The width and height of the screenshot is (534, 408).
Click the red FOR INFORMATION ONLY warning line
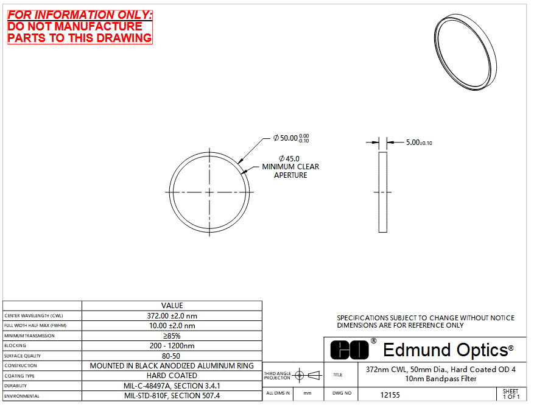[x=80, y=15]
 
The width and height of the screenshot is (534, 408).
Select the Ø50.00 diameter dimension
[x=291, y=138]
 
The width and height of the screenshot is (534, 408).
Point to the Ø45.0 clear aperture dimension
[x=289, y=159]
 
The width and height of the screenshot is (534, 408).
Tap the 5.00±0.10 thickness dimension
[x=419, y=142]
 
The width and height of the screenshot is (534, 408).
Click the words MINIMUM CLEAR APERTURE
[x=290, y=171]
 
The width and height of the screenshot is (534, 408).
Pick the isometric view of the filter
[x=466, y=52]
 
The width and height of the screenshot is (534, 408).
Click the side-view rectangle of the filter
[x=383, y=192]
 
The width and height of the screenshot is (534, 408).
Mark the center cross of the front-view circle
[x=209, y=192]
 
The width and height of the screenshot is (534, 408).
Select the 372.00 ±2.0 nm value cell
[x=172, y=315]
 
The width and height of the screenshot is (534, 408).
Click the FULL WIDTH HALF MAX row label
[x=35, y=326]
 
